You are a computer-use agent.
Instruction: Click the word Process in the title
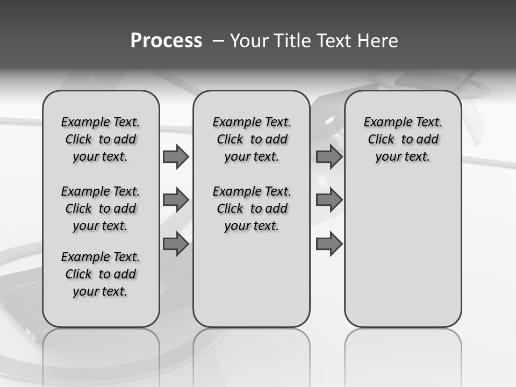click(166, 40)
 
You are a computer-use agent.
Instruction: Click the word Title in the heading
click(290, 41)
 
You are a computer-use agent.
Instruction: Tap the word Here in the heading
click(379, 41)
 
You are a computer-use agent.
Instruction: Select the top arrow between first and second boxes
click(176, 157)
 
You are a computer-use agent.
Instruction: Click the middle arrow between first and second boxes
click(176, 200)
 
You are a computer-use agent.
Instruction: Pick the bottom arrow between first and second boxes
click(176, 245)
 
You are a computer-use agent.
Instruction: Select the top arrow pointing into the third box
click(329, 157)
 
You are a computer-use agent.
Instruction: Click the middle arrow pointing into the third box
click(329, 200)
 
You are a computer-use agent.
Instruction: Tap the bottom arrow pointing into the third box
click(329, 245)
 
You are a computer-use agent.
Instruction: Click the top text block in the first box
click(101, 139)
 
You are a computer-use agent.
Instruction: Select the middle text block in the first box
click(101, 209)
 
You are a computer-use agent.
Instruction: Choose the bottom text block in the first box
click(101, 274)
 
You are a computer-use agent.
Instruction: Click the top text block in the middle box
click(252, 139)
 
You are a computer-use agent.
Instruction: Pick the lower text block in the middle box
click(252, 209)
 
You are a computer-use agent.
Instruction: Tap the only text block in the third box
click(403, 139)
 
